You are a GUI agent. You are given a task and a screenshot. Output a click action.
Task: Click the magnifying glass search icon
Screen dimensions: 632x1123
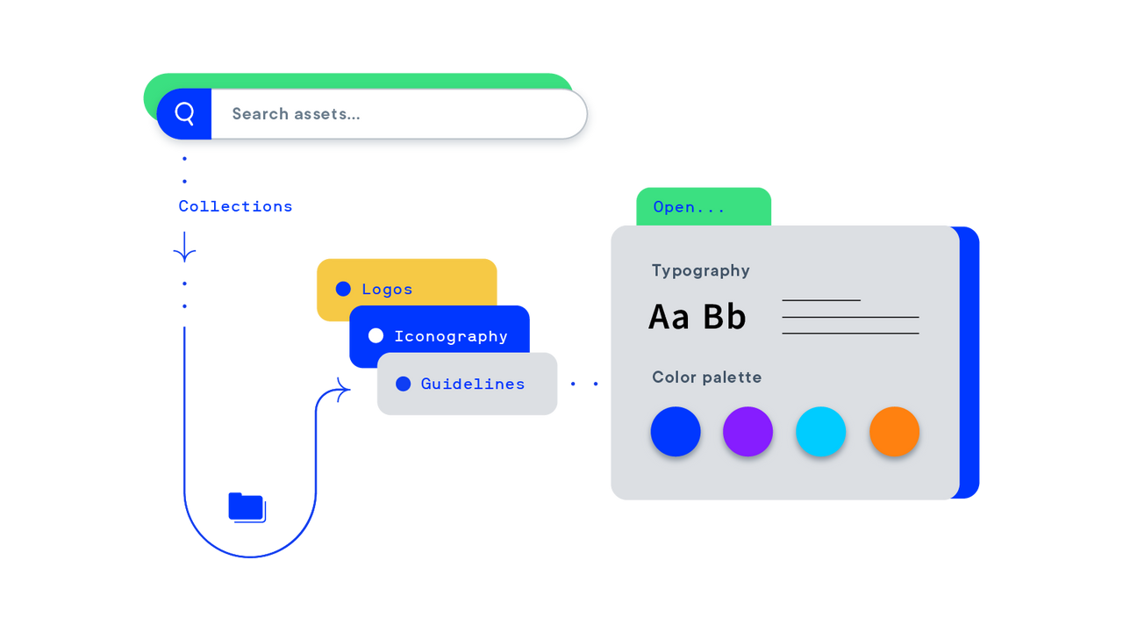tap(184, 113)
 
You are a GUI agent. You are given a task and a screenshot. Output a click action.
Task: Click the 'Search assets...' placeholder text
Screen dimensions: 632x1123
tap(296, 114)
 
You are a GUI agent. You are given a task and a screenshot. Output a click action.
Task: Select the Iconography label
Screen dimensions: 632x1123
tap(451, 336)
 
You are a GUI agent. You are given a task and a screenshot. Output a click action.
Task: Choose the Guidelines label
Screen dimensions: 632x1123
tap(473, 384)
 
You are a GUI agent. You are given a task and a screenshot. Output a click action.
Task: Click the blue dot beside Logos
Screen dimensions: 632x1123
tap(343, 289)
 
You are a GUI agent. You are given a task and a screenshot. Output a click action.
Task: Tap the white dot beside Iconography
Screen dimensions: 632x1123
tap(376, 335)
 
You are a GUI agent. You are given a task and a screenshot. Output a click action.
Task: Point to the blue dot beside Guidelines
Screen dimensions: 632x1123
tap(404, 384)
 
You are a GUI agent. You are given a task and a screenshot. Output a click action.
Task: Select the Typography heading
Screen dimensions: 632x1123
tap(700, 270)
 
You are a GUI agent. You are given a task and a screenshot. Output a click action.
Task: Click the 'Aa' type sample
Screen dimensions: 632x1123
tap(669, 317)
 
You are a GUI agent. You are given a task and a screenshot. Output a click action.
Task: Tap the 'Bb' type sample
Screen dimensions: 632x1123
tap(725, 317)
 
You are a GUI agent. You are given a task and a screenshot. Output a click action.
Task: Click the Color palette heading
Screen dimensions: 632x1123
tap(706, 377)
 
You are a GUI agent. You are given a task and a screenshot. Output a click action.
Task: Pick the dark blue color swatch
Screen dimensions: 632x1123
tap(676, 431)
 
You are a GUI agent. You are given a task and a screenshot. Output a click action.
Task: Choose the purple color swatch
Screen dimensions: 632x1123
tap(747, 431)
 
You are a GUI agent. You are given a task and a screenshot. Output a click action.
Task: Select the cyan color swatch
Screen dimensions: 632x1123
tap(820, 431)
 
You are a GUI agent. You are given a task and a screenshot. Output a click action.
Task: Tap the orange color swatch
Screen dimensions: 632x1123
tap(894, 431)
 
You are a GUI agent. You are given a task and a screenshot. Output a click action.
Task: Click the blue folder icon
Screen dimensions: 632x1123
tap(247, 507)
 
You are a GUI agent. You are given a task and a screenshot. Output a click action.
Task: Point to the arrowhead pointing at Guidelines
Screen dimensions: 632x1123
tap(343, 387)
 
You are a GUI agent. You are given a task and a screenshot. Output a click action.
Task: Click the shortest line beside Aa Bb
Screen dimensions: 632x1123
tap(821, 300)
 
